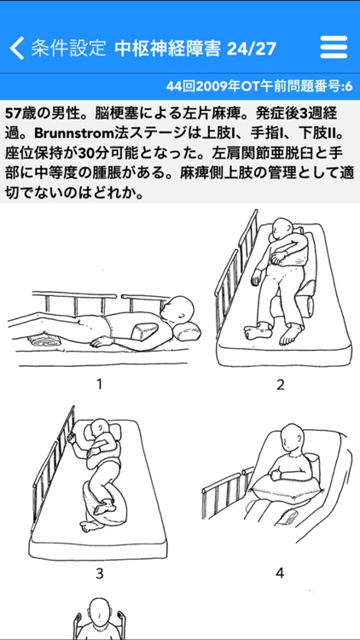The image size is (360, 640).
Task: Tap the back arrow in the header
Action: (16, 48)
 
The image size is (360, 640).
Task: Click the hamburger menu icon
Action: (334, 48)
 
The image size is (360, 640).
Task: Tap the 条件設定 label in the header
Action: (68, 48)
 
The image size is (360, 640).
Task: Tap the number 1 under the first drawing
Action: (99, 384)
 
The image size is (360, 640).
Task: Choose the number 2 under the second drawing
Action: (280, 384)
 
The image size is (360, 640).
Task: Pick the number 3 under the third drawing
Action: (99, 573)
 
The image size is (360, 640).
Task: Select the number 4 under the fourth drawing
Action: (280, 573)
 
